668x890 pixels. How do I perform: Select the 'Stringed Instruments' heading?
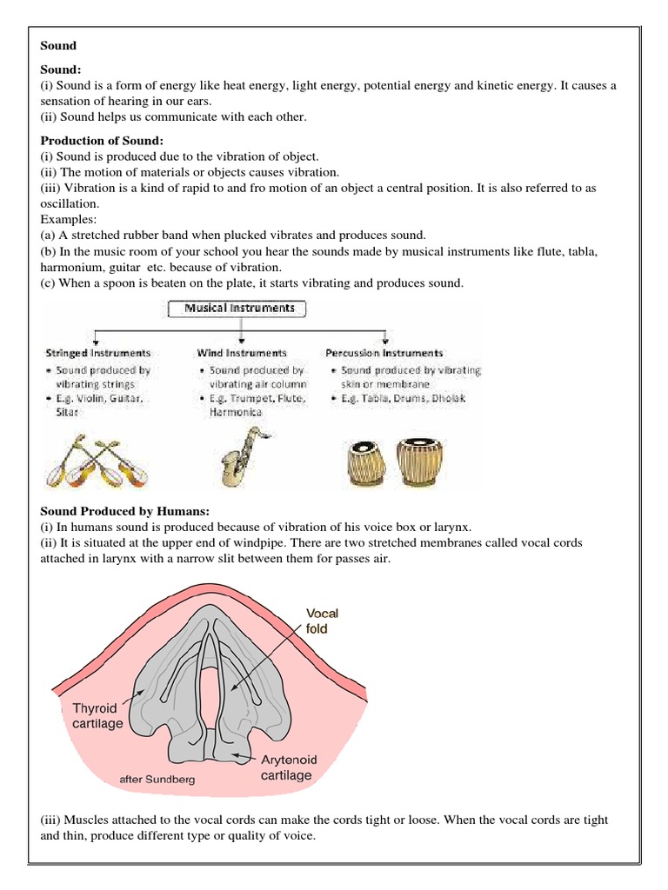(97, 353)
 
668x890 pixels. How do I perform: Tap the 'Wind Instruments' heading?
(242, 353)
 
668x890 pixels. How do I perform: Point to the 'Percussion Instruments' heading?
(384, 353)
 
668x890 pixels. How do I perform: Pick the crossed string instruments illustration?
(91, 460)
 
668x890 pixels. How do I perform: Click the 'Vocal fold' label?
(321, 621)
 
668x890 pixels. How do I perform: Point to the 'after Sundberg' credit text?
(157, 780)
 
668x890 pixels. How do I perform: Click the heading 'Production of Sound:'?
(102, 141)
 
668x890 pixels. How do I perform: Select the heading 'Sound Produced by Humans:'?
(125, 511)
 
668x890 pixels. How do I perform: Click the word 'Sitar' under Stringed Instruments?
(67, 412)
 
